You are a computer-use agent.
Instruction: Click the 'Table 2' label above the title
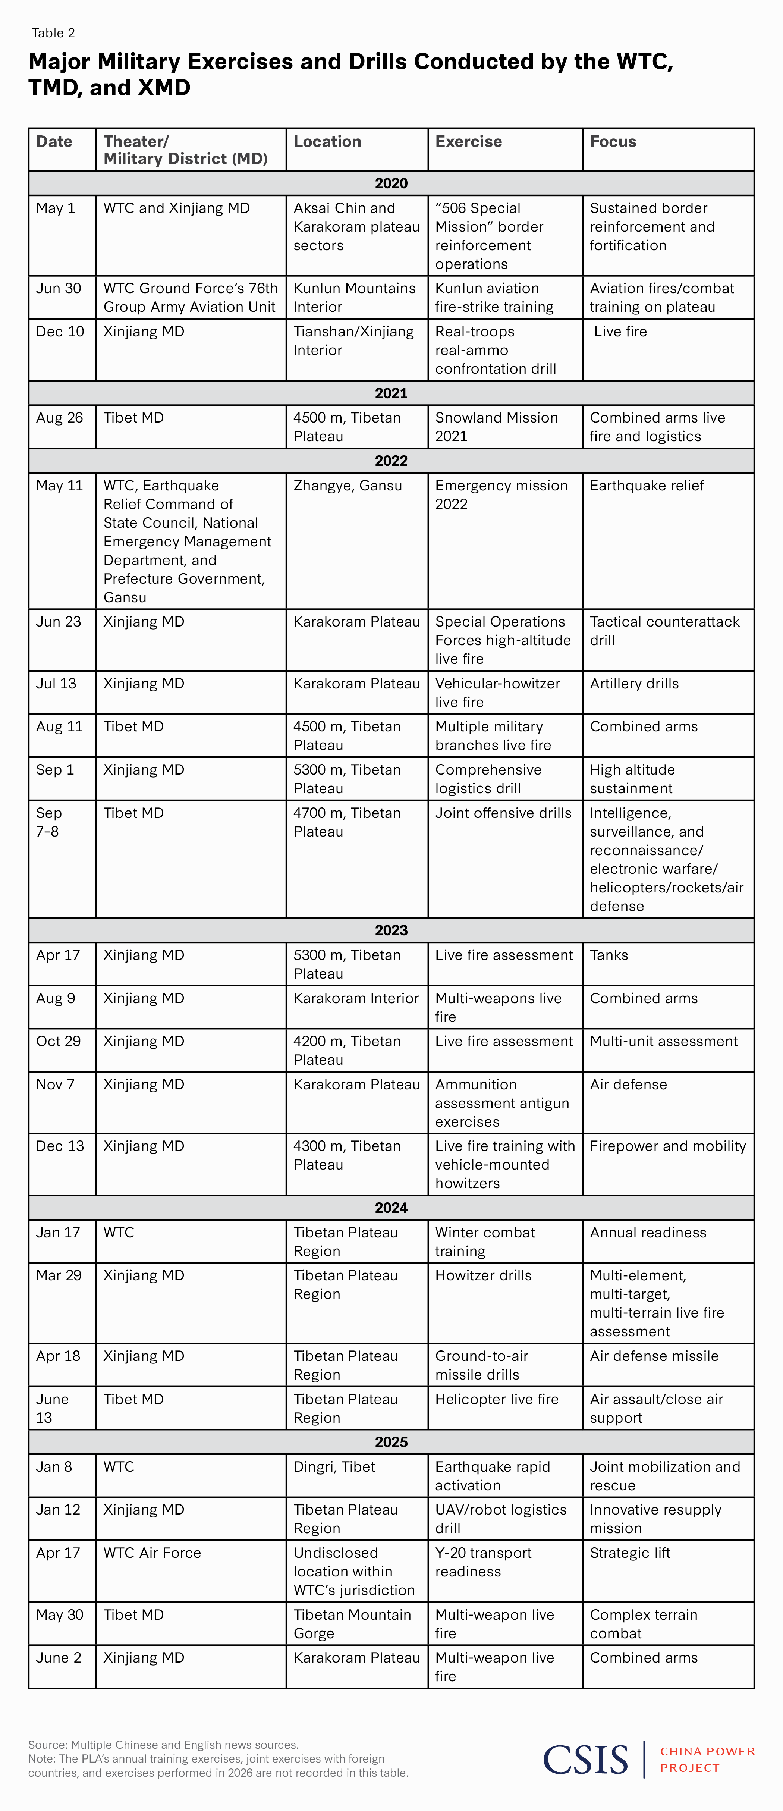(53, 33)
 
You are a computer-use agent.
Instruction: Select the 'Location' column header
(327, 141)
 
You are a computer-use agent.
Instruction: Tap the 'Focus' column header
(613, 141)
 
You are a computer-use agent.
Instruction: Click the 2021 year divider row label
(391, 393)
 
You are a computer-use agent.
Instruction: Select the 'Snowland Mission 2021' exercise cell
(496, 427)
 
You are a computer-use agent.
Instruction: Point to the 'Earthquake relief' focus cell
(647, 486)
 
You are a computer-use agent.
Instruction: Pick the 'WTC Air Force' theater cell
(152, 1553)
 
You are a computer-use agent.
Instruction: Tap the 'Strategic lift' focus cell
(630, 1553)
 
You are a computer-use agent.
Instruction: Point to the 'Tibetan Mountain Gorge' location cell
(352, 1624)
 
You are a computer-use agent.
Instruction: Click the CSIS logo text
(585, 1760)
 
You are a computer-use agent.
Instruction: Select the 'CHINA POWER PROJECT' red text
(707, 1760)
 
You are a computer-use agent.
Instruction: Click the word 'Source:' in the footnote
(48, 1745)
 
